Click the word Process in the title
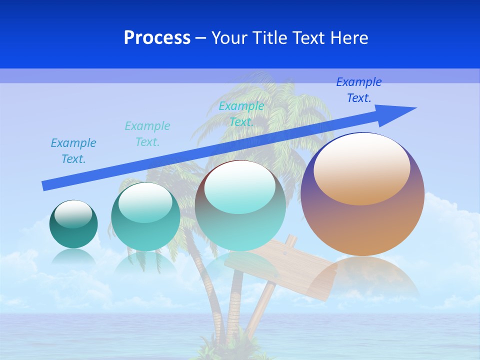pos(157,38)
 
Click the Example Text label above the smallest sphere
pos(73,151)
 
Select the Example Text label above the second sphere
pos(147,134)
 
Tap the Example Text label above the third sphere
pos(241,113)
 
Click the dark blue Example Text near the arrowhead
pos(358,90)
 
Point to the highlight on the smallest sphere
pos(73,214)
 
